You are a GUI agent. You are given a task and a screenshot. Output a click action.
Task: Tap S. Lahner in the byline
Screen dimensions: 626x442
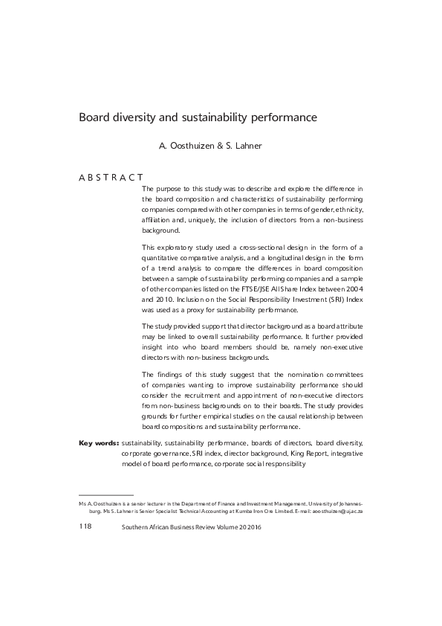(x=242, y=146)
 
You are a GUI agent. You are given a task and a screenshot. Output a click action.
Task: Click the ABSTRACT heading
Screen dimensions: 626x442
(x=111, y=178)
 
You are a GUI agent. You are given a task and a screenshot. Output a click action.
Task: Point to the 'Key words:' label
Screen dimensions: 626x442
(x=98, y=442)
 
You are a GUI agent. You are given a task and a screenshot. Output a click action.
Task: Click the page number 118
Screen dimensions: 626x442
(x=85, y=526)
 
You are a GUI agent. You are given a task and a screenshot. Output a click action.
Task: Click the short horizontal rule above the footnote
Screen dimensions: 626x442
(x=105, y=494)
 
